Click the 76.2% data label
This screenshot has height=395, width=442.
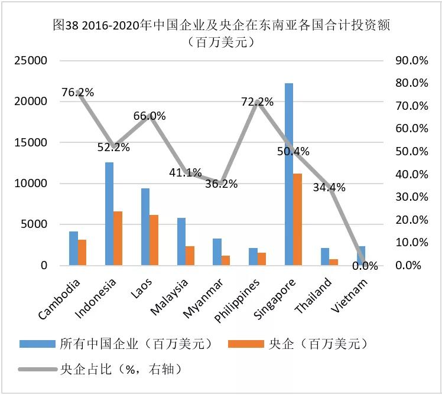tap(77, 92)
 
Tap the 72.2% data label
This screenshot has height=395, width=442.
tap(257, 102)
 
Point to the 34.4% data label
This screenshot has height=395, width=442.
tap(330, 188)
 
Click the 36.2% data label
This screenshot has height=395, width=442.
tap(221, 184)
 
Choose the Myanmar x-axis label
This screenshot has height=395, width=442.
tap(204, 297)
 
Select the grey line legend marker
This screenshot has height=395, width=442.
tap(37, 370)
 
